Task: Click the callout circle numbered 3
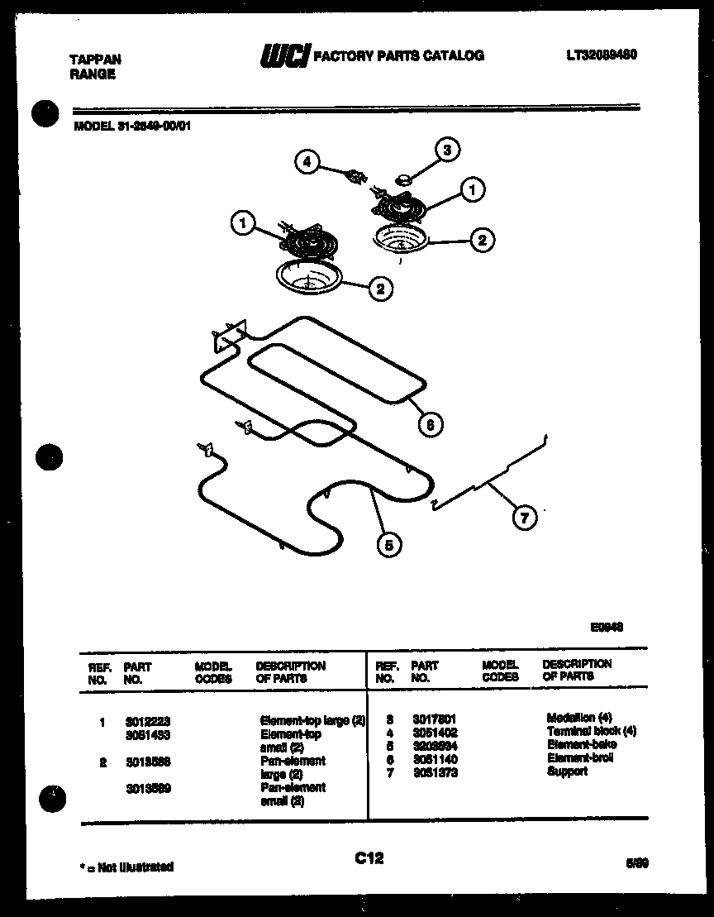click(447, 150)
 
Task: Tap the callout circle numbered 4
click(307, 162)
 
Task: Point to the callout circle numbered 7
click(524, 518)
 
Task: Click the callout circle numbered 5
click(388, 543)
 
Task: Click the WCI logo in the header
click(284, 55)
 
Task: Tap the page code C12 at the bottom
click(369, 858)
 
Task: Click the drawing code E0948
click(607, 628)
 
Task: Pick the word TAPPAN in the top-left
click(94, 60)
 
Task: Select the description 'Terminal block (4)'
click(591, 732)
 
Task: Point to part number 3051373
click(435, 772)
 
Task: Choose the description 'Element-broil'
click(581, 758)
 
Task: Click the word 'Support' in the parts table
click(567, 771)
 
